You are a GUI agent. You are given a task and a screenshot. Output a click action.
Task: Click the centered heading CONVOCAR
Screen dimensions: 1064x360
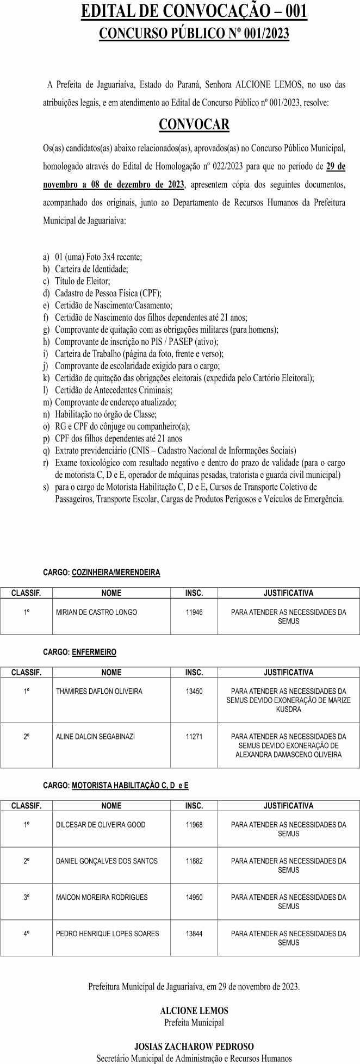[x=194, y=125]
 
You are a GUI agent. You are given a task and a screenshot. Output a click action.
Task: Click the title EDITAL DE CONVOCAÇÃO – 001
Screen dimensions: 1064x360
[x=194, y=12]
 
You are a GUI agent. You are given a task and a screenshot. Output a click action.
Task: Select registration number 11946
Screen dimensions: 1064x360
[x=194, y=612]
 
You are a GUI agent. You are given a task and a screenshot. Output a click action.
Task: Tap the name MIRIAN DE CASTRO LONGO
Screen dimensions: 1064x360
[x=96, y=612]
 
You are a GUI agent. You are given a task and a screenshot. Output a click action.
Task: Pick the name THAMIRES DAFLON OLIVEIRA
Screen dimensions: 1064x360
[x=99, y=692]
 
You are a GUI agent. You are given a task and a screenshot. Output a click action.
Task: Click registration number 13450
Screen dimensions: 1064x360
[x=194, y=692]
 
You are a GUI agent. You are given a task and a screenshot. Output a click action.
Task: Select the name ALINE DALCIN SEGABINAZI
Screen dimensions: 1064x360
[x=95, y=737]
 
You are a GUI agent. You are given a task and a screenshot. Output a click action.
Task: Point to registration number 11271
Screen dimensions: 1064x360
[x=194, y=737]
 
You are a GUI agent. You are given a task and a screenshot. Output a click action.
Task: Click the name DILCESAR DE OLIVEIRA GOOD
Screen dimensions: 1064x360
[x=101, y=825]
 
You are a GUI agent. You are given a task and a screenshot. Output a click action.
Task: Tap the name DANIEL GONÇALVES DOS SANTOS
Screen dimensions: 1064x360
[x=107, y=861]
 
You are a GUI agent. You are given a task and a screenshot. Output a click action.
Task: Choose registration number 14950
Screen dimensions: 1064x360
[x=194, y=897]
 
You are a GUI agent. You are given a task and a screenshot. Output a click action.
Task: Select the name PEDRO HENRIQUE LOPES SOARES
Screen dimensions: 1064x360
[x=108, y=934]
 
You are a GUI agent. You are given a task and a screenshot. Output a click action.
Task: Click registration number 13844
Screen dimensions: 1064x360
[x=194, y=934]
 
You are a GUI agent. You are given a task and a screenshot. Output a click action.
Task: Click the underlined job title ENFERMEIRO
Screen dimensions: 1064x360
[x=94, y=652]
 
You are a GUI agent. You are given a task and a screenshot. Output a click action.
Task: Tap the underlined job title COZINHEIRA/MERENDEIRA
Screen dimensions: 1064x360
[x=116, y=573]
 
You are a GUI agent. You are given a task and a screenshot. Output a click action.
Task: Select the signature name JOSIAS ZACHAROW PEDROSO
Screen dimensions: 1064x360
[x=194, y=1046]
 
